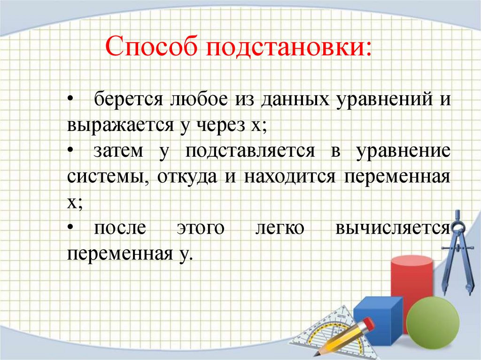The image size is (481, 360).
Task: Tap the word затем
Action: coord(119,152)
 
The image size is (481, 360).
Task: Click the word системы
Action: coord(106,177)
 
